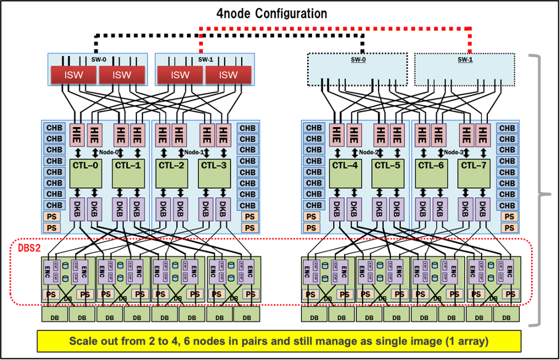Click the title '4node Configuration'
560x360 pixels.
coord(271,13)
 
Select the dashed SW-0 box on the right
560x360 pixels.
coord(358,69)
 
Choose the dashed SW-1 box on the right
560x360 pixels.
coord(464,69)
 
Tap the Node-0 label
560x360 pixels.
coord(107,152)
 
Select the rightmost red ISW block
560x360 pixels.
coord(228,75)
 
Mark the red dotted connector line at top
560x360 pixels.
coord(336,28)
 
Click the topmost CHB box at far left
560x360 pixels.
coord(54,128)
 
